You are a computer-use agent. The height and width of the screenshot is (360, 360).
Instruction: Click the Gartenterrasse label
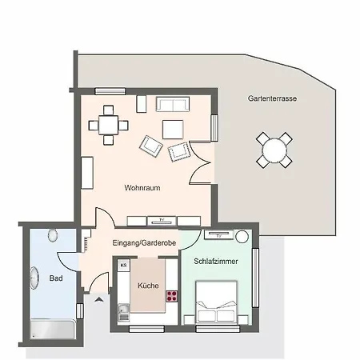pyautogui.click(x=272, y=98)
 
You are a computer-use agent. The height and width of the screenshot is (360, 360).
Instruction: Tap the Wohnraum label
pyautogui.click(x=142, y=188)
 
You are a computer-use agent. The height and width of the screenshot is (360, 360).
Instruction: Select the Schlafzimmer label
pyautogui.click(x=216, y=261)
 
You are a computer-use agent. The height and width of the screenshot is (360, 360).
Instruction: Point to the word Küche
pyautogui.click(x=148, y=286)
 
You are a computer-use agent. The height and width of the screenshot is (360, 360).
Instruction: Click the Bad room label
pyautogui.click(x=56, y=278)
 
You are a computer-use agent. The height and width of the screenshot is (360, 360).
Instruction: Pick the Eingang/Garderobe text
pyautogui.click(x=144, y=243)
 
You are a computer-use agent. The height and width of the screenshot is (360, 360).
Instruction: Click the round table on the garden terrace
pyautogui.click(x=274, y=150)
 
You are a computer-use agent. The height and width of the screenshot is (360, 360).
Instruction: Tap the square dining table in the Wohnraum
pyautogui.click(x=108, y=125)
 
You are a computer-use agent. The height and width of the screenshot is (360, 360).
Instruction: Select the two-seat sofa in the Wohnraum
pyautogui.click(x=173, y=104)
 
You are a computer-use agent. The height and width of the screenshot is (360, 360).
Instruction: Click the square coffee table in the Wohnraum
pyautogui.click(x=173, y=130)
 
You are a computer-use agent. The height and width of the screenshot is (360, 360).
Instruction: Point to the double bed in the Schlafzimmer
pyautogui.click(x=217, y=302)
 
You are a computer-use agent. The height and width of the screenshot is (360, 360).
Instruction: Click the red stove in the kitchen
pyautogui.click(x=172, y=296)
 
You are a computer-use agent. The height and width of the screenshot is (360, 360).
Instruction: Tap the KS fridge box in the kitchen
pyautogui.click(x=123, y=265)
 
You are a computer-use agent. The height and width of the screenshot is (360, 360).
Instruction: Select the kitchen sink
pyautogui.click(x=123, y=313)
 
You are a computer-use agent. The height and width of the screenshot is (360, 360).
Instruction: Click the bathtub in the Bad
pyautogui.click(x=53, y=329)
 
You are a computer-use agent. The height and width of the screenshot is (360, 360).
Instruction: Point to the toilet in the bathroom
pyautogui.click(x=53, y=235)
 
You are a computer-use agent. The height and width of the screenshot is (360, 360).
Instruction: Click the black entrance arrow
pyautogui.click(x=99, y=299)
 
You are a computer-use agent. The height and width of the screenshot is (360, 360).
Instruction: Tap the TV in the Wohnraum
pyautogui.click(x=162, y=221)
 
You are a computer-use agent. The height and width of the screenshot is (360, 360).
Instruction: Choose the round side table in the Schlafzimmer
pyautogui.click(x=242, y=236)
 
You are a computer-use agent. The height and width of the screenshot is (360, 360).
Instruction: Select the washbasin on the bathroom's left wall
pyautogui.click(x=34, y=278)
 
